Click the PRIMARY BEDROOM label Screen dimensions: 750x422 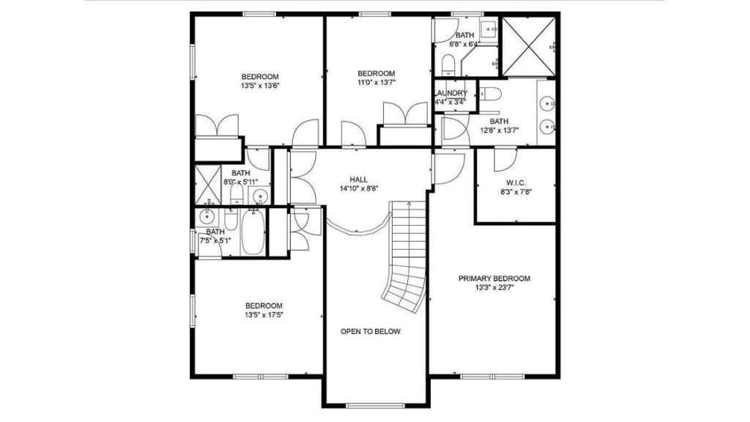pyautogui.click(x=494, y=278)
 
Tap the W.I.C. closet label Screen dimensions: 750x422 pyautogui.click(x=516, y=182)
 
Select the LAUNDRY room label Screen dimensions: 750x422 pyautogui.click(x=450, y=93)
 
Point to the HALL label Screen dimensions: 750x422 pyautogui.click(x=359, y=179)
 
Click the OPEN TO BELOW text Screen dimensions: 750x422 pyautogui.click(x=370, y=331)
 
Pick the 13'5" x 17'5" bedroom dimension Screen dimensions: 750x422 pyautogui.click(x=264, y=315)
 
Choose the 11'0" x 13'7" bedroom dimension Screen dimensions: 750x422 pyautogui.click(x=376, y=82)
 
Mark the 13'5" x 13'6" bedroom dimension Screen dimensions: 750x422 pyautogui.click(x=260, y=86)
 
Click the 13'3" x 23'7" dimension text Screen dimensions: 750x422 pyautogui.click(x=494, y=287)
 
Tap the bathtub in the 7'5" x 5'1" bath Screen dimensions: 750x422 pyautogui.click(x=253, y=234)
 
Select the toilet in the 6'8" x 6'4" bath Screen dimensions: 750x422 pyautogui.click(x=448, y=64)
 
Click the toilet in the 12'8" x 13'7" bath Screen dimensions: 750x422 pyautogui.click(x=490, y=94)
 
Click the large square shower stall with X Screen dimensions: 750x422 pyautogui.click(x=528, y=46)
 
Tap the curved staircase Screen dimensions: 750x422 pyautogui.click(x=406, y=256)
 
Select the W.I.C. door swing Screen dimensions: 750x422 pyautogui.click(x=505, y=160)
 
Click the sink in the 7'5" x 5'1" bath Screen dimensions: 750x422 pyautogui.click(x=207, y=217)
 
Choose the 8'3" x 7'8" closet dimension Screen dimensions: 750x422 pyautogui.click(x=516, y=192)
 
